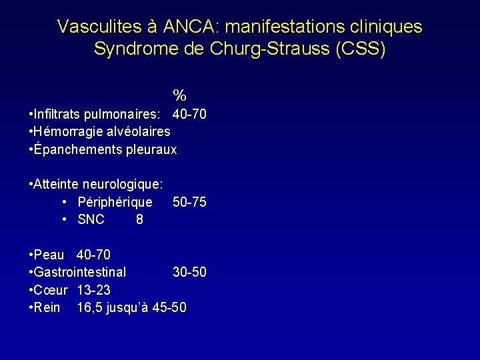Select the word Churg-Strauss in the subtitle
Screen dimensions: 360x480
tap(269, 49)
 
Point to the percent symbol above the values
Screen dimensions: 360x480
tap(179, 95)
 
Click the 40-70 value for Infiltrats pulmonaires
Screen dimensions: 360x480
tap(189, 114)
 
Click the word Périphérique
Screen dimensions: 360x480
tap(115, 202)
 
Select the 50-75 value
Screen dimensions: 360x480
tap(189, 202)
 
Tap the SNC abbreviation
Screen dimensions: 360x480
tap(91, 219)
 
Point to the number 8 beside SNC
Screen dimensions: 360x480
tap(139, 219)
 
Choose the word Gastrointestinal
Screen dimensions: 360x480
tap(79, 272)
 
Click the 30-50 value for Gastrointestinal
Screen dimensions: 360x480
tap(189, 272)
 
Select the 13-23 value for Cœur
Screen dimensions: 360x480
tap(94, 290)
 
